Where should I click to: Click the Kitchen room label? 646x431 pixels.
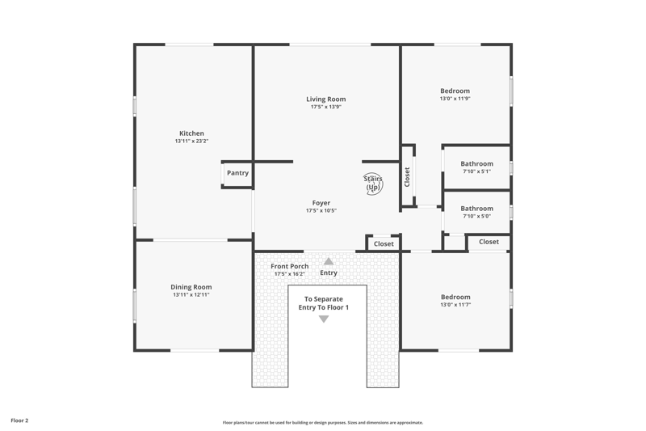tap(191, 133)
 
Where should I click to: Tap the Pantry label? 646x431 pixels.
tap(237, 173)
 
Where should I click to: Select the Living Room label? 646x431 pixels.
tap(326, 99)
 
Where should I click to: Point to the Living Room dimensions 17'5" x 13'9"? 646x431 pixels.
tap(326, 107)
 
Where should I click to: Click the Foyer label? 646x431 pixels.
tap(321, 203)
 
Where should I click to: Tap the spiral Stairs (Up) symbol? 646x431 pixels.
tap(373, 184)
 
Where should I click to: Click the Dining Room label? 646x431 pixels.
tap(191, 287)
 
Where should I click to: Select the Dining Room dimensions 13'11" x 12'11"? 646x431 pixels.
tap(191, 295)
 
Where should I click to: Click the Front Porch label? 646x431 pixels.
tap(290, 266)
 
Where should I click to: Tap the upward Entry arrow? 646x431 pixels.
tap(329, 261)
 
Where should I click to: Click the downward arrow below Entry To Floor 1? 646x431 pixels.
tap(324, 319)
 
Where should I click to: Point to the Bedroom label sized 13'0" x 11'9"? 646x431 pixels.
tap(455, 91)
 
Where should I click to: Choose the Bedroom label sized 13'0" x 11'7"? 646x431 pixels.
tap(455, 297)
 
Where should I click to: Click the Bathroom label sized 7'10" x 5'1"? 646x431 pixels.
tap(476, 163)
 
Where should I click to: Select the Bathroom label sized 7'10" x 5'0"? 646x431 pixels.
tap(476, 209)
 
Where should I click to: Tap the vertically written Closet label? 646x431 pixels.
tap(407, 176)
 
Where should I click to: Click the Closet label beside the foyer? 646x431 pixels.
tap(384, 243)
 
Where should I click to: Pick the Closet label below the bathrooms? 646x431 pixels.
tap(489, 242)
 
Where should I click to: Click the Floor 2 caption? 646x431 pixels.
tap(19, 420)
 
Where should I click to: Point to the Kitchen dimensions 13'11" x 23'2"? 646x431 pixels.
tap(191, 141)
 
